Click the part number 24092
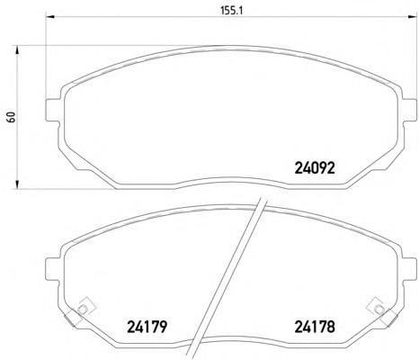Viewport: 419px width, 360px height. click(315, 168)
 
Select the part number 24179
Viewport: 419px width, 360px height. click(147, 327)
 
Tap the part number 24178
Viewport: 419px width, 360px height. click(315, 327)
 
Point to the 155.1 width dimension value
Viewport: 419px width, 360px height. click(231, 11)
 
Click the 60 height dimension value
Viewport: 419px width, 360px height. click(12, 117)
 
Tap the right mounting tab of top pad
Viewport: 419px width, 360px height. click(408, 110)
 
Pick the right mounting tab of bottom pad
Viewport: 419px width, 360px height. click(408, 269)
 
